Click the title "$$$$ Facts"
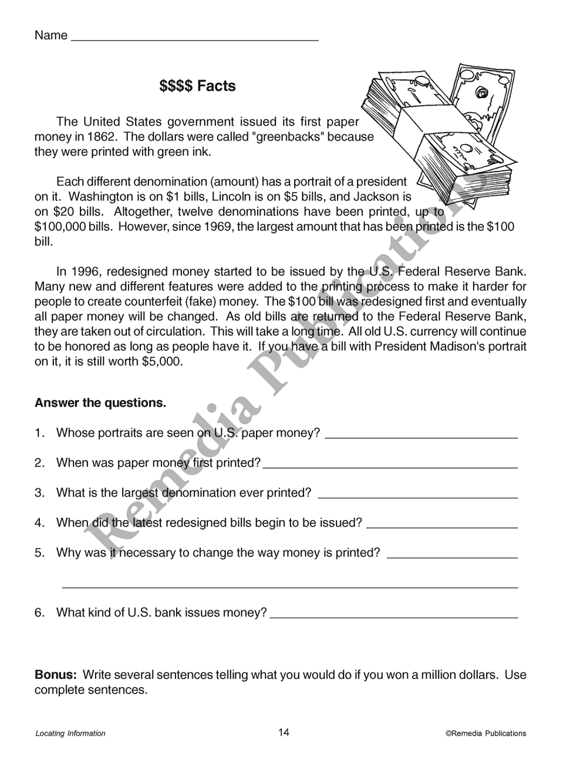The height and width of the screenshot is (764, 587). click(197, 86)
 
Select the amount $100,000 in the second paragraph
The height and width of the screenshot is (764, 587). click(60, 227)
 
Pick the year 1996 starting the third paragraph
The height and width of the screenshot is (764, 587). click(86, 272)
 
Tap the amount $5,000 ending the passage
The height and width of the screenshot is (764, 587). click(162, 361)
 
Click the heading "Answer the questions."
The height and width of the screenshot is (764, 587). click(100, 403)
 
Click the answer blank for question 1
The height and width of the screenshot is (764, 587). click(421, 436)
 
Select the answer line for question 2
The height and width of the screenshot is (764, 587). click(390, 466)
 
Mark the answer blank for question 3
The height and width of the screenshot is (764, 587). click(417, 496)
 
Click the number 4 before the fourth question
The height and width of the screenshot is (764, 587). click(39, 522)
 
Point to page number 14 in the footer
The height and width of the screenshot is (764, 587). click(284, 732)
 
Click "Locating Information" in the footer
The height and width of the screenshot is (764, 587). click(70, 733)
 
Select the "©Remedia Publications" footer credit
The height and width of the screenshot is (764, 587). click(485, 733)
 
